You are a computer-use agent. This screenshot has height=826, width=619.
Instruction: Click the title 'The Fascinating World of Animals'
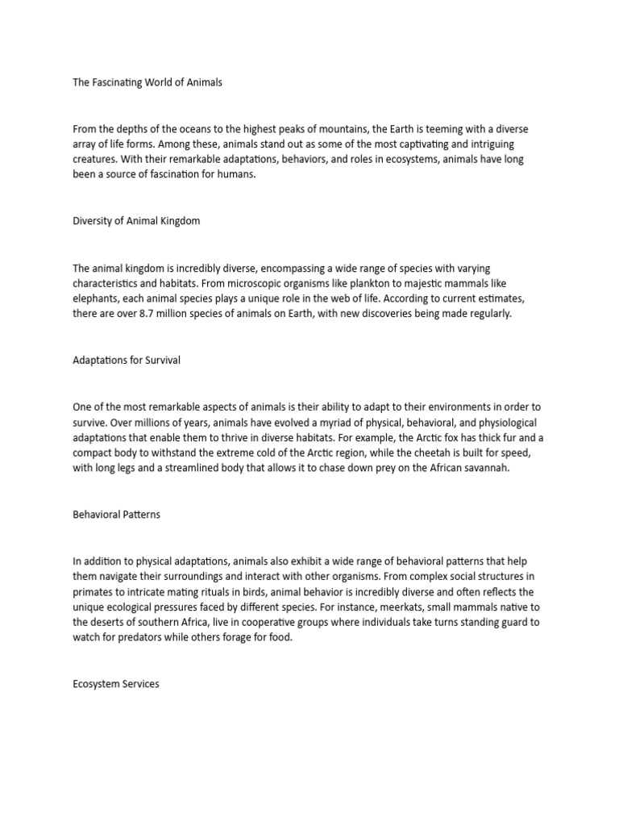(148, 83)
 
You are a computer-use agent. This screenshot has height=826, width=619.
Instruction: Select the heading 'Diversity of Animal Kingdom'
(136, 221)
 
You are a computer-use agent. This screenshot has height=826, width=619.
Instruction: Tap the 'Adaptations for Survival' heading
(127, 360)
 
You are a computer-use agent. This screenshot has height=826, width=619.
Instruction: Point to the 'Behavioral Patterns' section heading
(116, 514)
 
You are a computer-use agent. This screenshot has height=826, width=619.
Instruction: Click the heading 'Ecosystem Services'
(116, 684)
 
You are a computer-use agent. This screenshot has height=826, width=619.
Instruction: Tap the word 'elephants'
(95, 298)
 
